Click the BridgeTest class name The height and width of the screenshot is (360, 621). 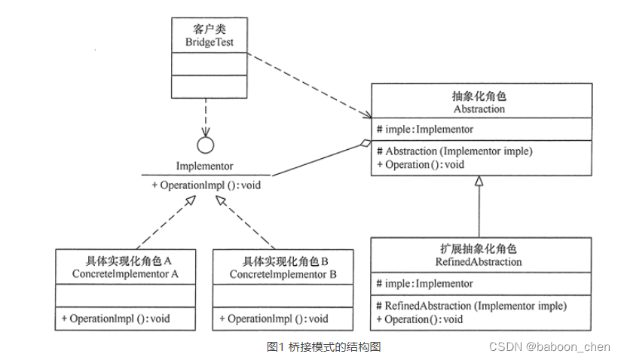pyautogui.click(x=210, y=43)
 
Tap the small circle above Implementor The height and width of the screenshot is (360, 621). pyautogui.click(x=205, y=145)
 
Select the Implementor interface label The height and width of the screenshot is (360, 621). pyautogui.click(x=204, y=166)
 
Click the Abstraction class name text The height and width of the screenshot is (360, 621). pyautogui.click(x=479, y=109)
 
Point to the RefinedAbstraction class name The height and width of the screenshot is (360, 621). pyautogui.click(x=479, y=262)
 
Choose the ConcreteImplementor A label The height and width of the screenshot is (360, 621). pyautogui.click(x=125, y=274)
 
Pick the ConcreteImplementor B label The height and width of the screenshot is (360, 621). pyautogui.click(x=283, y=274)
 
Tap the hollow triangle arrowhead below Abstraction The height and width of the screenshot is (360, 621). pyautogui.click(x=479, y=182)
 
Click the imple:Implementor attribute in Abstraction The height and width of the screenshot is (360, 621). pyautogui.click(x=425, y=130)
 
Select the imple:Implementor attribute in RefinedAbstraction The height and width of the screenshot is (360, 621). pyautogui.click(x=425, y=284)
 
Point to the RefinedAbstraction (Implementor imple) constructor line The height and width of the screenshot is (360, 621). pyautogui.click(x=471, y=306)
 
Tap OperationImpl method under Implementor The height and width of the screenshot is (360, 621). pyautogui.click(x=206, y=185)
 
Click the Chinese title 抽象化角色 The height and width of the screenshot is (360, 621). pyautogui.click(x=479, y=97)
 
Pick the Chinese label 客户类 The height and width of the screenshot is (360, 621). pyautogui.click(x=210, y=31)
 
